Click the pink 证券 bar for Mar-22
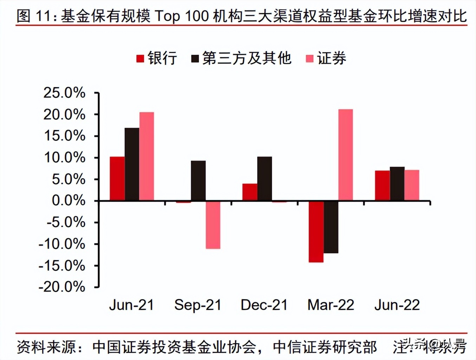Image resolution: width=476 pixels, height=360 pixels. click(346, 155)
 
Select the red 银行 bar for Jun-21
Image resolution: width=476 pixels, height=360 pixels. click(117, 179)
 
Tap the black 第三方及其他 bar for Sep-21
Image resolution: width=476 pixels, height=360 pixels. click(198, 181)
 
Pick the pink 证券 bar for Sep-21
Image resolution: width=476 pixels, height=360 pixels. click(213, 225)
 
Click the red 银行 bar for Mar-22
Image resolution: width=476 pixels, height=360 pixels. click(316, 232)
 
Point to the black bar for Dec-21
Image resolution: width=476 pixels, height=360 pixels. click(264, 179)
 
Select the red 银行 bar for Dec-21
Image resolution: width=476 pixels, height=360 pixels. click(250, 192)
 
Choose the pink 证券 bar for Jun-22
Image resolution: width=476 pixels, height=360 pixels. click(412, 185)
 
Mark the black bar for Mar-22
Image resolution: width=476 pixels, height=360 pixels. click(331, 227)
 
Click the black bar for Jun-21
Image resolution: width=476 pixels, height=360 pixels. click(132, 164)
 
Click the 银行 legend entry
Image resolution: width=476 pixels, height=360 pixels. click(157, 58)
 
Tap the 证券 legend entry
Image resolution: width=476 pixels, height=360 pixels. click(327, 58)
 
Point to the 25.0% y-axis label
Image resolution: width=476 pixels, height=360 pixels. click(64, 93)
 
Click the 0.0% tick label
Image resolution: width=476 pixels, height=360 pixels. click(69, 201)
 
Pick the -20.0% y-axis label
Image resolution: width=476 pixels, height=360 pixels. click(62, 287)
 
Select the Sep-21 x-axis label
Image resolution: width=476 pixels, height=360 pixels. click(198, 305)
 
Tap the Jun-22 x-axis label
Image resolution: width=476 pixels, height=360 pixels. click(397, 305)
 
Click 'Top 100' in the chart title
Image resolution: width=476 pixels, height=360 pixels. click(182, 16)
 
